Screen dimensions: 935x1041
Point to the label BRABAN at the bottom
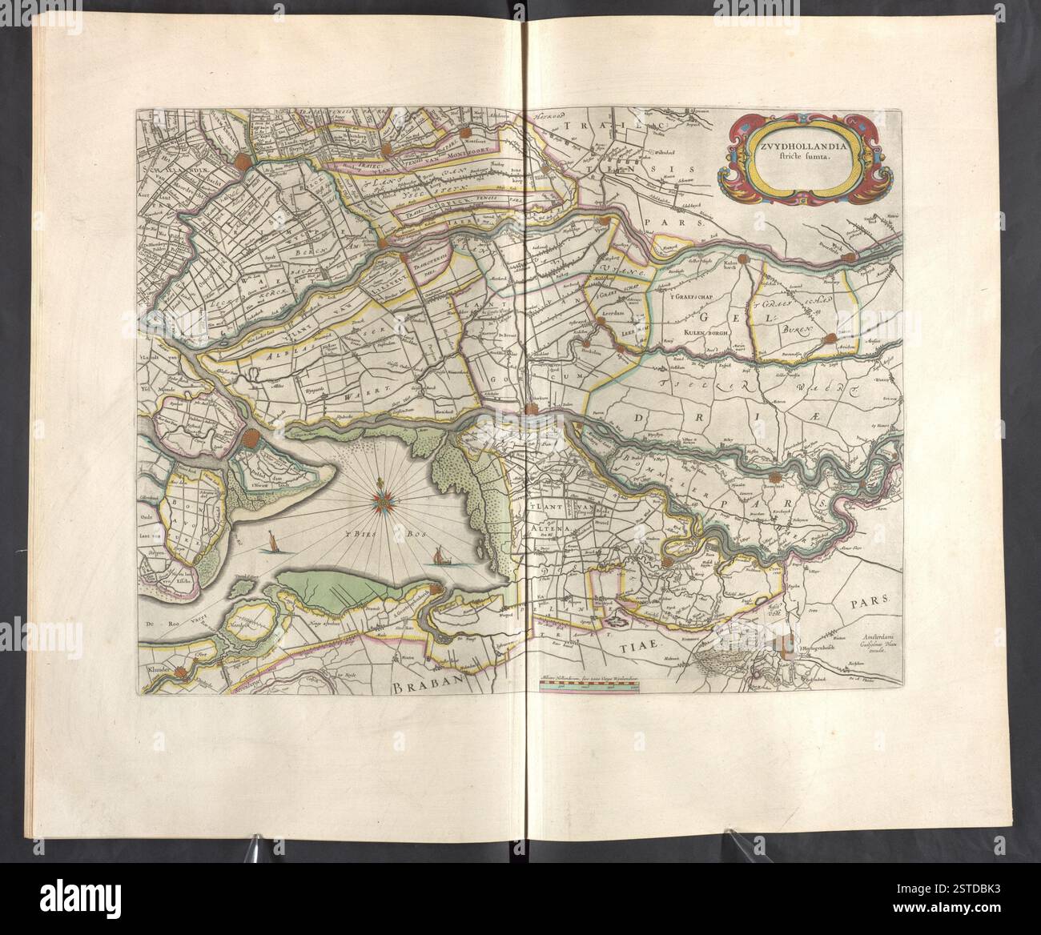click(x=429, y=686)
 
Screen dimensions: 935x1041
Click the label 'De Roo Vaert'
click(x=166, y=620)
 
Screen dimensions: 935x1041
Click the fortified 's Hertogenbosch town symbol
click(x=788, y=642)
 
